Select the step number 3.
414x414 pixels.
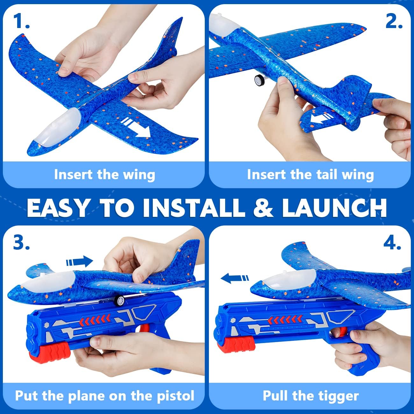pos(21,243)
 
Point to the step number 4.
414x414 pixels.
pos(392,243)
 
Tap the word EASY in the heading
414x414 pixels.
pos(58,208)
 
